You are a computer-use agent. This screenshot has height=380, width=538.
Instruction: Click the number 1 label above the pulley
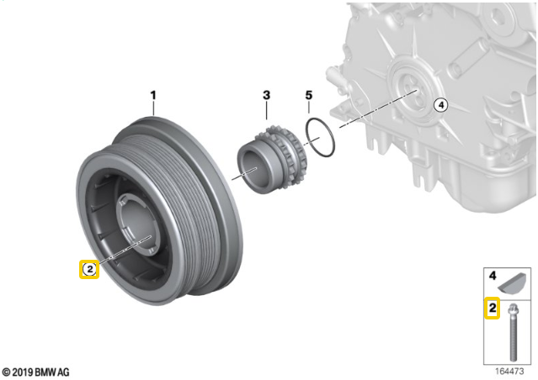click(153, 95)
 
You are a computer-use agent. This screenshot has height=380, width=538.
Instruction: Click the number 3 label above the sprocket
click(267, 95)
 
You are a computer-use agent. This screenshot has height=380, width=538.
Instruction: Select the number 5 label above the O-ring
click(309, 95)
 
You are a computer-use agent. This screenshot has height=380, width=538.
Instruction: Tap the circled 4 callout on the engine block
click(441, 105)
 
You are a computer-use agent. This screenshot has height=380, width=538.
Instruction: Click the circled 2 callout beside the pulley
click(89, 269)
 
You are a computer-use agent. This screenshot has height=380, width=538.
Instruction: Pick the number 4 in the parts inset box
click(493, 275)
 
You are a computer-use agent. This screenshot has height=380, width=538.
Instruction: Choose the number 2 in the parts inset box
click(493, 308)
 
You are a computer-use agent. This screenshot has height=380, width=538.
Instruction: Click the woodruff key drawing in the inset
click(512, 283)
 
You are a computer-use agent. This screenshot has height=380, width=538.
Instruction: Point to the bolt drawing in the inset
click(513, 332)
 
